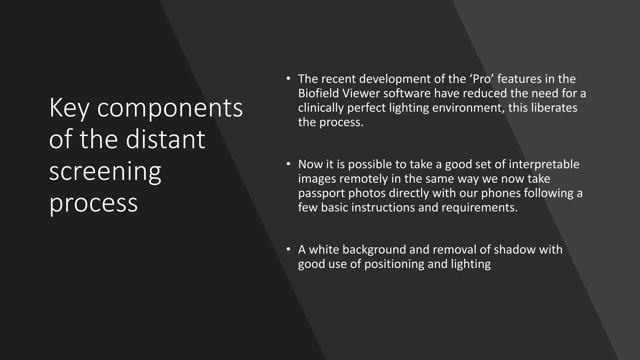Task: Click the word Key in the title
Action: point(69,108)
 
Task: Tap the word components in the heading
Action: point(170,108)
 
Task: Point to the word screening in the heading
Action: point(105,172)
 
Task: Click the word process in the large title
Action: point(93,203)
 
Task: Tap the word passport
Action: point(321,193)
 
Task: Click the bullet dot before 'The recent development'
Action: point(288,78)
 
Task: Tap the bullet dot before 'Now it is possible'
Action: point(288,164)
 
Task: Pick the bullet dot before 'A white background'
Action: point(288,249)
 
